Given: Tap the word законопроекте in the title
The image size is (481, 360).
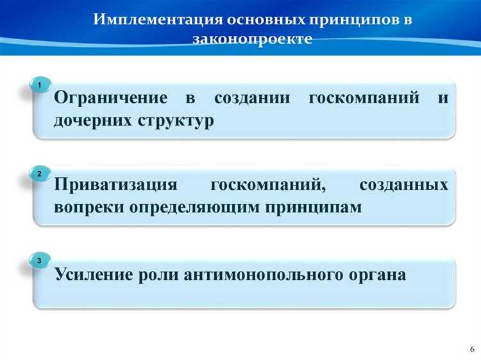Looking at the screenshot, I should pos(252,39).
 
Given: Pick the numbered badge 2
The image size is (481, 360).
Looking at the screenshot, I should pos(40,174).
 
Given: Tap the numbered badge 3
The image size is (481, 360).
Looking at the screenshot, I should pos(40,261).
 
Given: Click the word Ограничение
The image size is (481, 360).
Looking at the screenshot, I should pos(110,98).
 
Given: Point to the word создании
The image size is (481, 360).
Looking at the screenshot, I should pos(251,98).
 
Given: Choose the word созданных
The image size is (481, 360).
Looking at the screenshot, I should pos(403,185).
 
